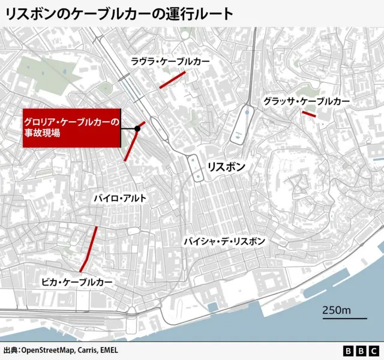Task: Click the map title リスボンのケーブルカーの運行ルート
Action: [119, 14]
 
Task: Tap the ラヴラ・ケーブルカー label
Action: [170, 62]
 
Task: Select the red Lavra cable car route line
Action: [172, 80]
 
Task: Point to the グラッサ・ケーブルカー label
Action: [306, 102]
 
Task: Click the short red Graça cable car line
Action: [309, 113]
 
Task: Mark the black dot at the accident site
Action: [137, 128]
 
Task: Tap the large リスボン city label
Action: [225, 167]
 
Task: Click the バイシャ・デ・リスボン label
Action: [224, 241]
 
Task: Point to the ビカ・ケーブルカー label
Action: [77, 281]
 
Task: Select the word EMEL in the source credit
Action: [113, 350]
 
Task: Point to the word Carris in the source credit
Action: [88, 350]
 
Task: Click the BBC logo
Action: [361, 350]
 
